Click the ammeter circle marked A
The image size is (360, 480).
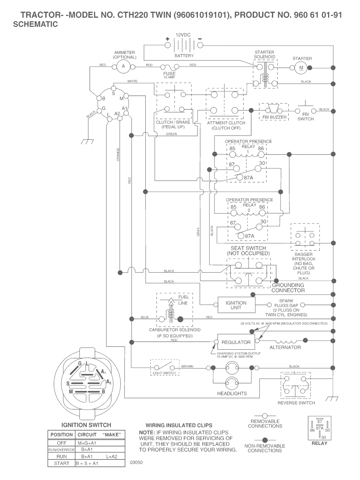123,66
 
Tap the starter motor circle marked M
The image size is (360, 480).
301,68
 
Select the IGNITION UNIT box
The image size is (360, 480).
236,305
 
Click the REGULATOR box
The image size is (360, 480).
236,342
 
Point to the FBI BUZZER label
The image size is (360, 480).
274,117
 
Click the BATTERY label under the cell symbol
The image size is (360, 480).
184,56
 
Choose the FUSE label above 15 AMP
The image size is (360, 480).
169,74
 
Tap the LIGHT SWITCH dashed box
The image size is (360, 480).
165,367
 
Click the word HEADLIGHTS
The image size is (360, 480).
232,394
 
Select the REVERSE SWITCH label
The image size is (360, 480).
296,403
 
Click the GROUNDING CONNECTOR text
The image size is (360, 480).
288,288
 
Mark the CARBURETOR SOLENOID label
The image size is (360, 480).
175,330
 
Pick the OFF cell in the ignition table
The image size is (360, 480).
62,443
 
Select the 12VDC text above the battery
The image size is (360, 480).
183,35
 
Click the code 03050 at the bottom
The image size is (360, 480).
136,462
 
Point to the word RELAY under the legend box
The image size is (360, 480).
319,443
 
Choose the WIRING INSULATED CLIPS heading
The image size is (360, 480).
179,425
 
